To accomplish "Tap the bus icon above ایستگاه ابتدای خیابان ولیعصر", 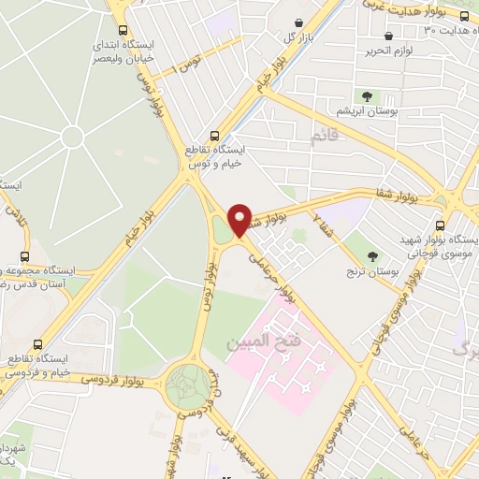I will point(122,31).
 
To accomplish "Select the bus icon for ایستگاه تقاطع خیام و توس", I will point(216,136).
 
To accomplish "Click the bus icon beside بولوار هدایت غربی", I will point(464,17).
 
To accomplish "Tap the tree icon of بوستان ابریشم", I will point(366,96).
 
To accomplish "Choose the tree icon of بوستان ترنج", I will point(373,255).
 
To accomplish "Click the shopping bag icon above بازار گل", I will point(298,23).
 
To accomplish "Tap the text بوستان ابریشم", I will point(359,111).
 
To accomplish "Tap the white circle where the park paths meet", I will point(73,138).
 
